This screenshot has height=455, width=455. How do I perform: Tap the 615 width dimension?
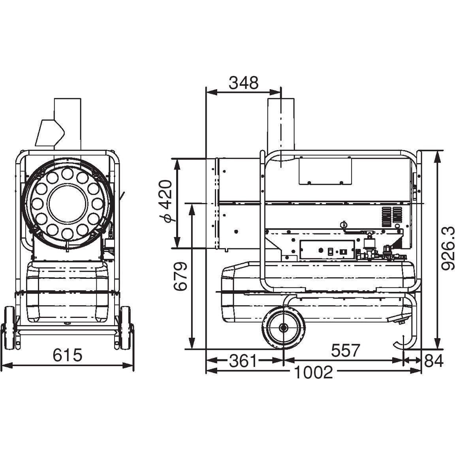click(x=67, y=355)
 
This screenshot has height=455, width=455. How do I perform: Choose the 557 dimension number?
click(x=345, y=351)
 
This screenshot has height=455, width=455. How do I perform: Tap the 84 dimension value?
click(x=434, y=361)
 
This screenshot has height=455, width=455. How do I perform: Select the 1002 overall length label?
click(x=313, y=372)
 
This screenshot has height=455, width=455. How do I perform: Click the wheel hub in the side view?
click(x=283, y=328)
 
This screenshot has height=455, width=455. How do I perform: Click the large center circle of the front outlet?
click(x=67, y=203)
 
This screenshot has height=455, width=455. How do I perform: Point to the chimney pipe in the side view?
click(x=280, y=125)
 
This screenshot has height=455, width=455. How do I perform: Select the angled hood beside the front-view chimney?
click(x=49, y=133)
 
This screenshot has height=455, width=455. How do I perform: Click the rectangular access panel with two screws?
click(x=325, y=171)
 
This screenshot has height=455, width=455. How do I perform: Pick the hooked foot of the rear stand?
click(x=402, y=343)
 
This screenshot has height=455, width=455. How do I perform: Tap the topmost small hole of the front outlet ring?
click(x=67, y=174)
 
